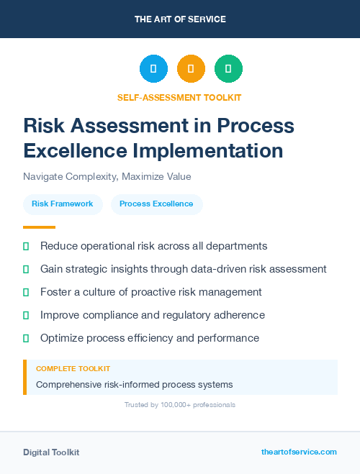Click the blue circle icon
coord(153,69)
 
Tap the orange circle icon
coord(191,69)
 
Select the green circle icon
coord(228,69)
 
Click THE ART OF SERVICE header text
coord(180,19)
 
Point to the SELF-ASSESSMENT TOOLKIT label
coord(179,97)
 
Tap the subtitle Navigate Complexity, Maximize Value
coord(107,176)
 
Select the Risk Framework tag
coord(63,204)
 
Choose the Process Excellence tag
coord(156,204)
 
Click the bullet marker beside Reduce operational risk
coord(26,247)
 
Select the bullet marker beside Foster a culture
coord(26,293)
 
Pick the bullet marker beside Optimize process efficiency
coord(26,338)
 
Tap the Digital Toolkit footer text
coord(51,452)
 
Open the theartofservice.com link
coord(299,452)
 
